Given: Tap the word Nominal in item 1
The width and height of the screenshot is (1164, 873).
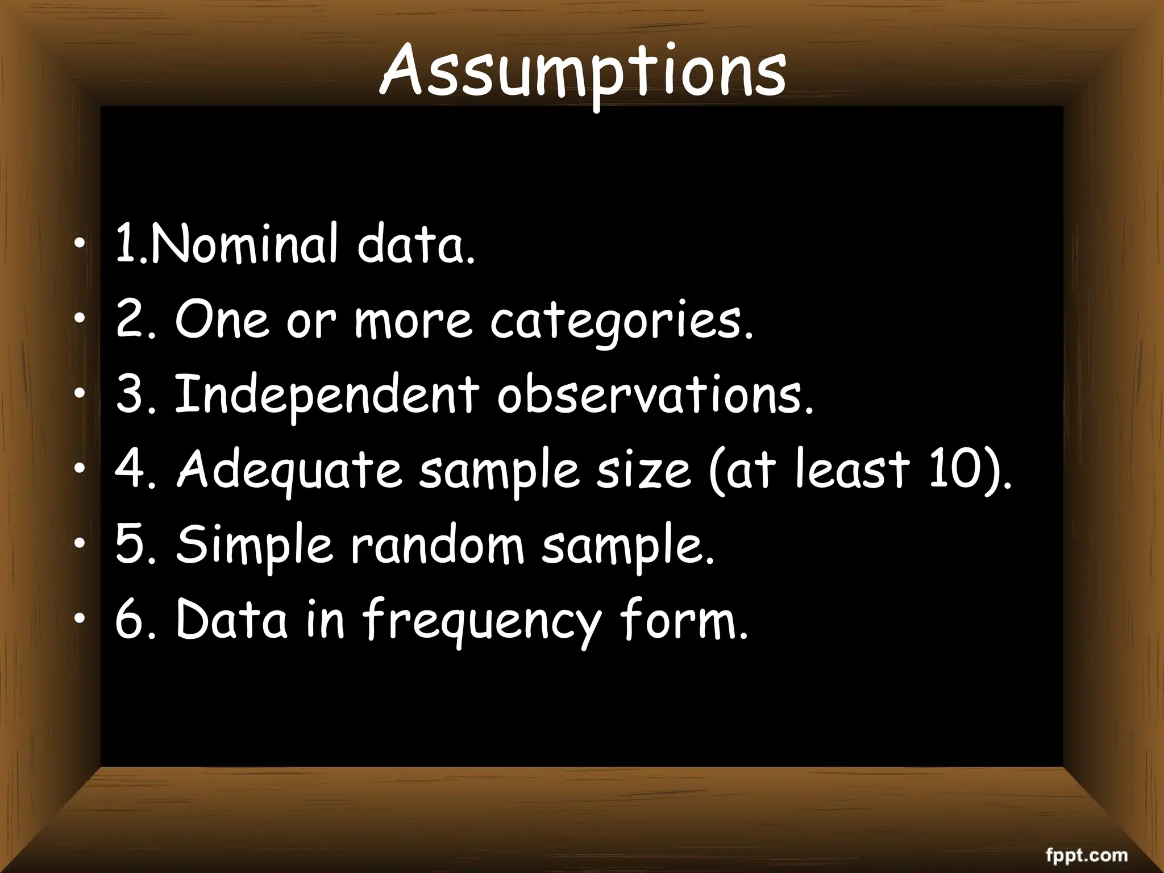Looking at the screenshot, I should pos(244,245).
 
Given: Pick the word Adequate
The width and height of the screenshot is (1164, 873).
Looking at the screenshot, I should pos(289,471).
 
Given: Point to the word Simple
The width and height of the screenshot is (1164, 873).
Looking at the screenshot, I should pos(253,546).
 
